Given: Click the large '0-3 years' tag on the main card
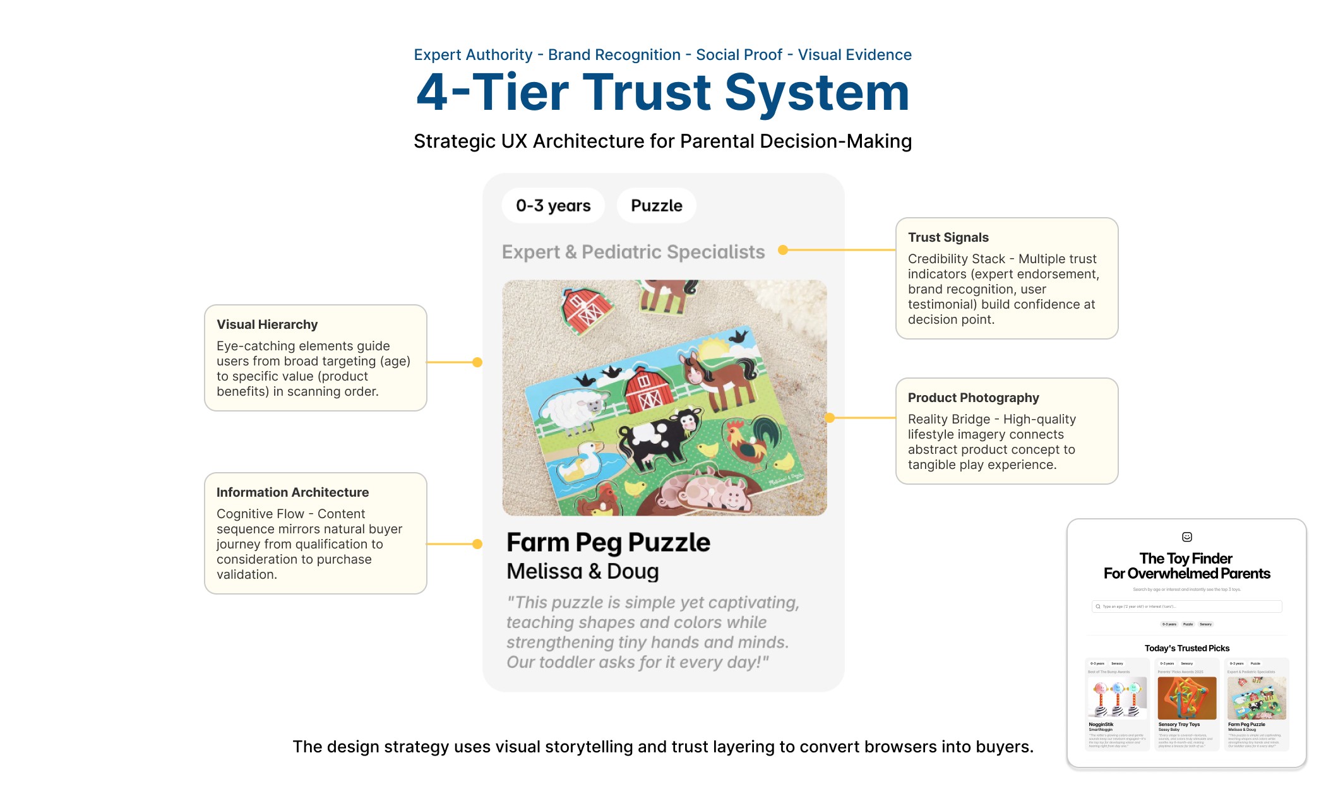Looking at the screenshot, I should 553,206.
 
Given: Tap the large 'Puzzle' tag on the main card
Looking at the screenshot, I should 656,206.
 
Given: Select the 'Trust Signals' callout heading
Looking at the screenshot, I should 948,237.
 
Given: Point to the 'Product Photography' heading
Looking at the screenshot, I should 973,398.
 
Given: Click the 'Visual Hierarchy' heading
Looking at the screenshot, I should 267,324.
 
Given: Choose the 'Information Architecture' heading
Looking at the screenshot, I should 292,492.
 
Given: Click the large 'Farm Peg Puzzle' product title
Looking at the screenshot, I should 608,543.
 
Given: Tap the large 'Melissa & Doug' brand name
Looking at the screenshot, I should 582,571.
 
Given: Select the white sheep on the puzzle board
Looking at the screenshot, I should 571,407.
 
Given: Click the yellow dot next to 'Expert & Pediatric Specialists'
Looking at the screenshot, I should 783,250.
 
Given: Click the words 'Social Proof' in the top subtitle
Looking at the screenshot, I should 739,55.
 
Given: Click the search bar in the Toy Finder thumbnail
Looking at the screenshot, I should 1186,607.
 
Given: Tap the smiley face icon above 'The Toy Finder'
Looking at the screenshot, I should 1187,537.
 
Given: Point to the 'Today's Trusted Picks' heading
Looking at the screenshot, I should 1187,648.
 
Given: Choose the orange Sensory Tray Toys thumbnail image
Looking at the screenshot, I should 1187,698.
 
